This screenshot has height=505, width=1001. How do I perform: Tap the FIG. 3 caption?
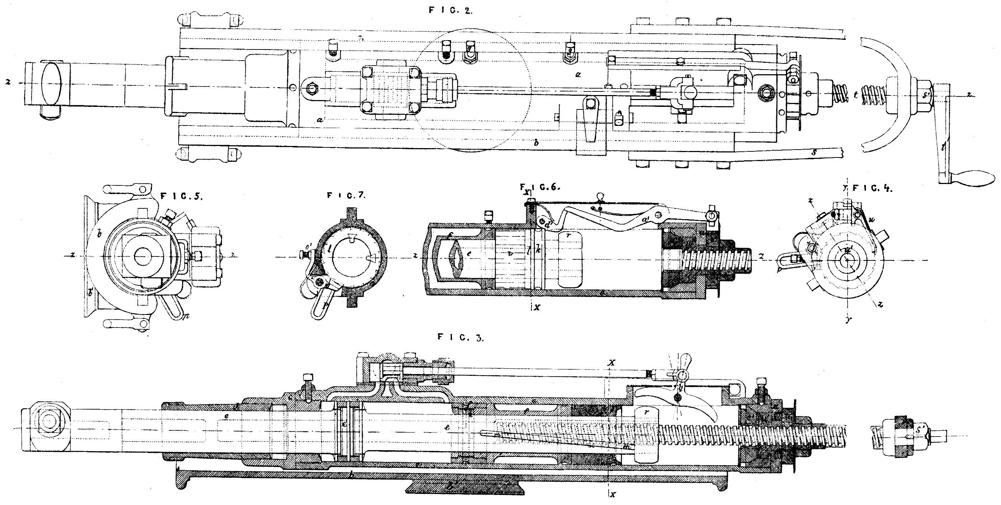click(x=460, y=338)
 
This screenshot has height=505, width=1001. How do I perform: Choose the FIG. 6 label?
click(x=540, y=187)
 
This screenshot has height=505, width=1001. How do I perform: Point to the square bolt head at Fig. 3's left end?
click(x=48, y=421)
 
